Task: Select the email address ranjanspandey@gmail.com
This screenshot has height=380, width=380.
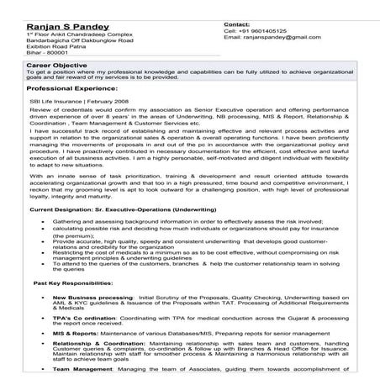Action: tap(266, 39)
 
